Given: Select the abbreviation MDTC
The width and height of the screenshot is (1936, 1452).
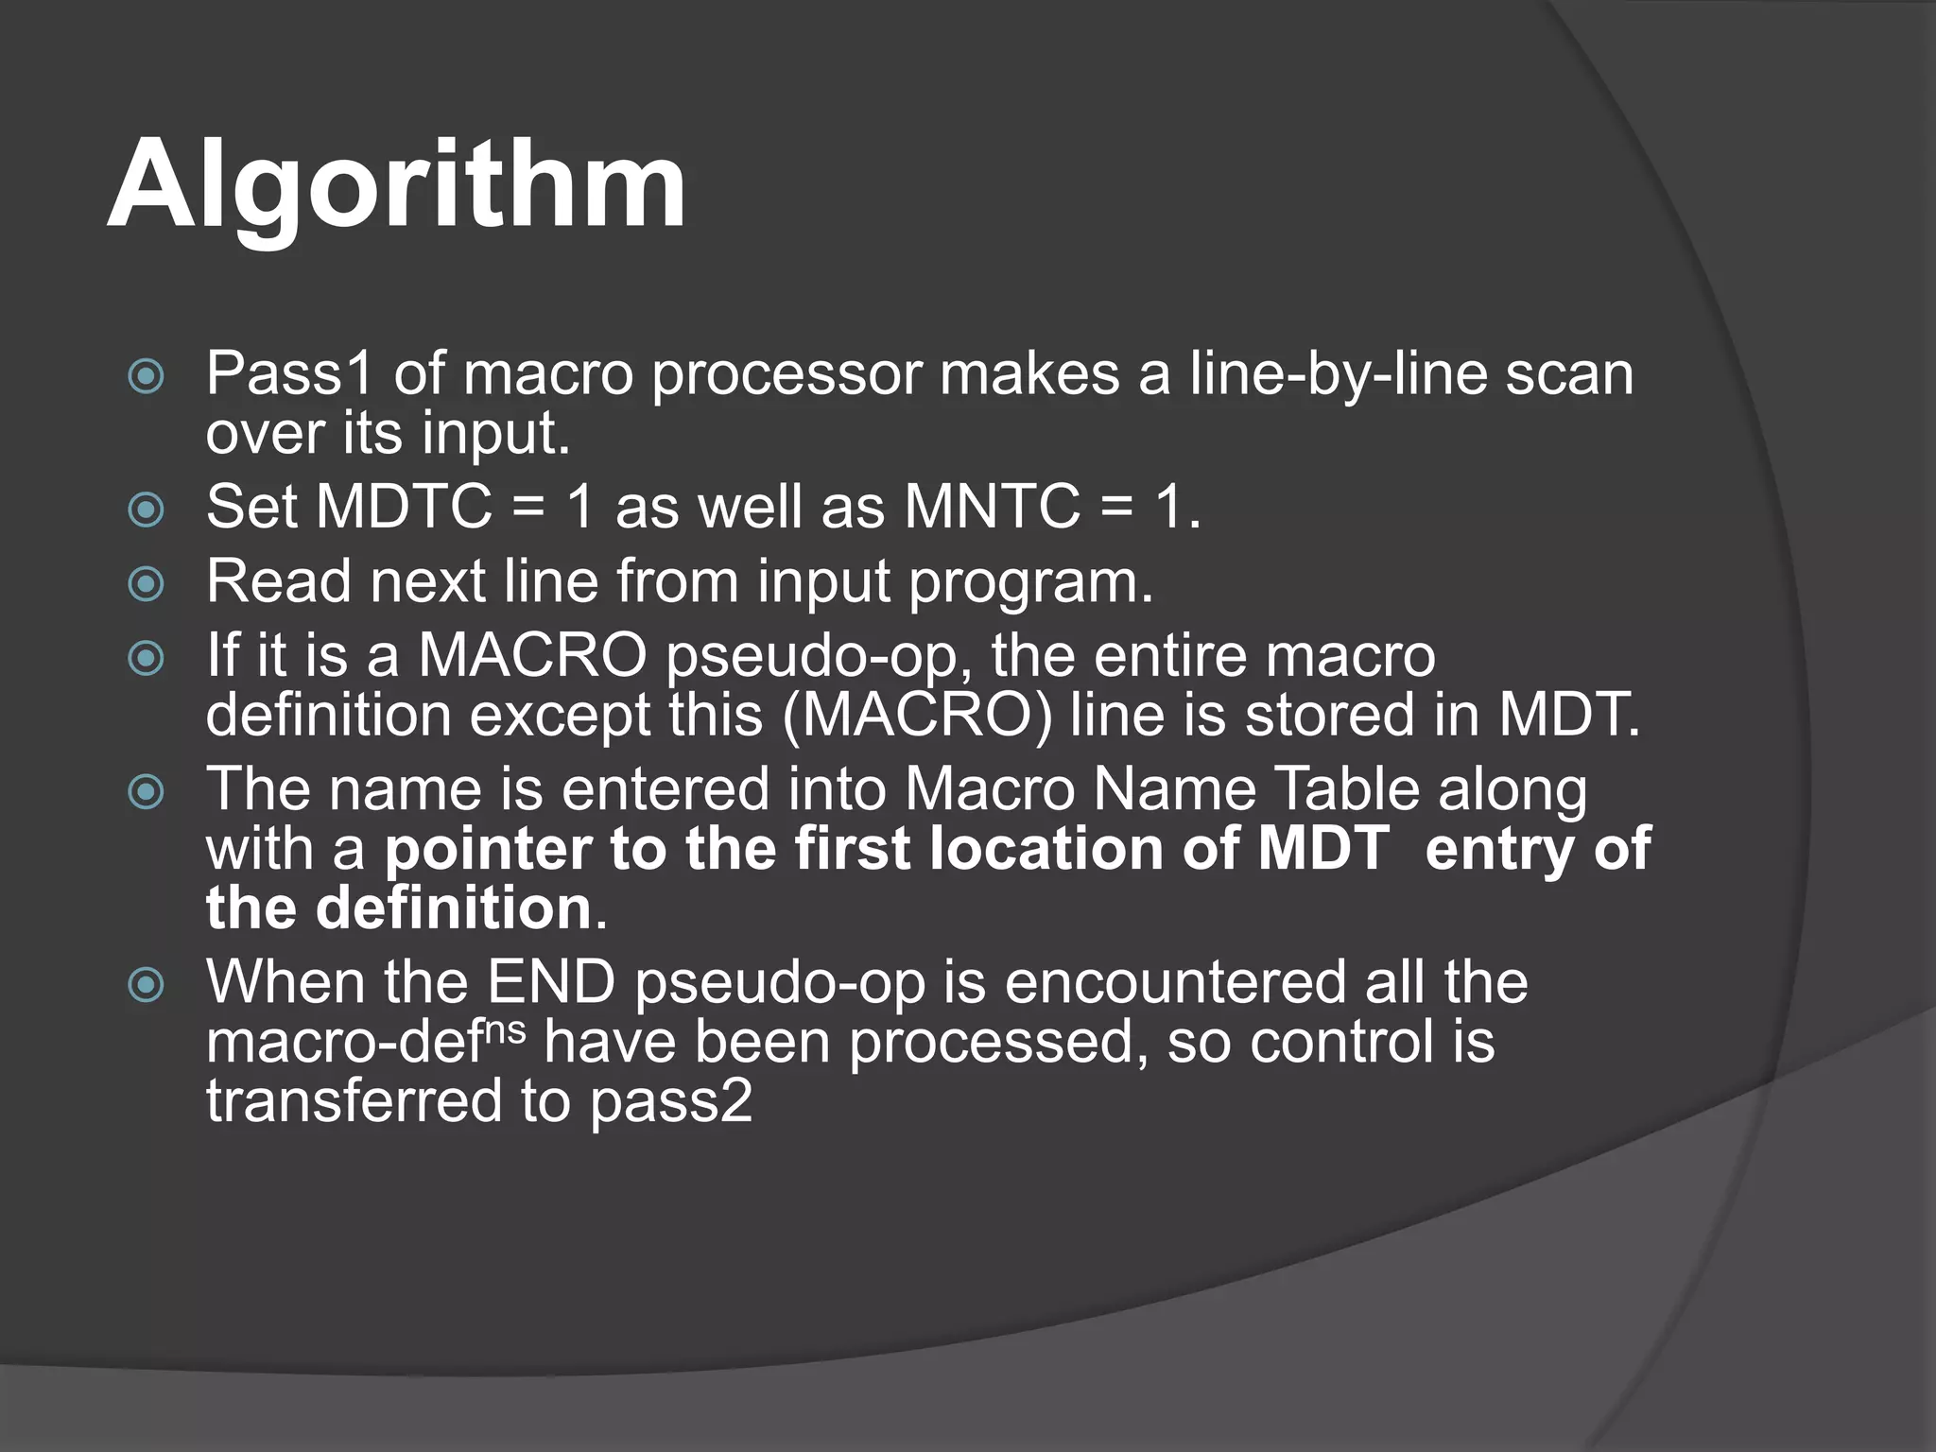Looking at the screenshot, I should coord(405,507).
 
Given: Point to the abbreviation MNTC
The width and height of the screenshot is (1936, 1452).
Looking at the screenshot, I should coord(992,507).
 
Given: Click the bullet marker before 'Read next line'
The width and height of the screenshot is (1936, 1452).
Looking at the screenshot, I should coord(146,583).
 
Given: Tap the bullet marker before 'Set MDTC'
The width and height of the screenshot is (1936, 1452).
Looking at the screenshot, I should coord(146,510).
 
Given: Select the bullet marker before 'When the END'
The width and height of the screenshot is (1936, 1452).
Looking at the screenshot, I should coord(146,986).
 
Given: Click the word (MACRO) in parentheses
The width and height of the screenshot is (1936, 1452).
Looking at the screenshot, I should coord(916,715).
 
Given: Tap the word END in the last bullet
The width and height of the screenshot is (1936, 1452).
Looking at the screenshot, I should coord(551,982).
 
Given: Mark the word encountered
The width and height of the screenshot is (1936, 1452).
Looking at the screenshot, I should coord(1174,982).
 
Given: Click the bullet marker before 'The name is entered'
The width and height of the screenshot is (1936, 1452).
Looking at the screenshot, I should coord(146,792).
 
